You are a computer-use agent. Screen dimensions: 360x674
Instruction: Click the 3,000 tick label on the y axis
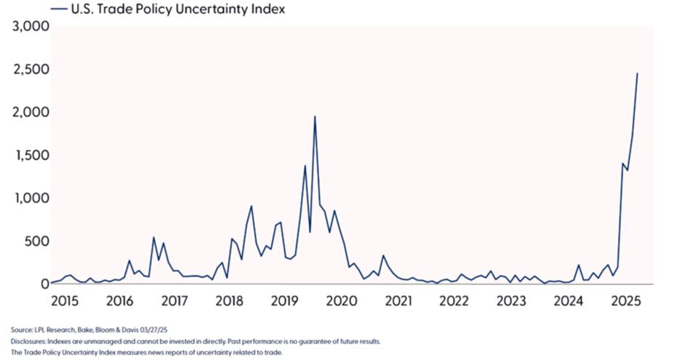(29, 27)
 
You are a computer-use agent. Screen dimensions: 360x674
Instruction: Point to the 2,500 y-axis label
(29, 70)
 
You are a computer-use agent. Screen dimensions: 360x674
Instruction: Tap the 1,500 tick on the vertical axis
(29, 156)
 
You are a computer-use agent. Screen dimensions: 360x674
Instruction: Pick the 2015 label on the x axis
(63, 301)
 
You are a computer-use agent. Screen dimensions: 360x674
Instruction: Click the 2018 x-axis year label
(229, 301)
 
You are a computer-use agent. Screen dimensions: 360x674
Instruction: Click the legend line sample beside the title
(59, 9)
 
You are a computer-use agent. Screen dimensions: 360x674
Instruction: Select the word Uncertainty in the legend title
(213, 9)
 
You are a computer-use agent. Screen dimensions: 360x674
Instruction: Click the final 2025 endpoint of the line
(638, 73)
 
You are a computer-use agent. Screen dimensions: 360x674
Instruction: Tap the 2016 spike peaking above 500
(153, 237)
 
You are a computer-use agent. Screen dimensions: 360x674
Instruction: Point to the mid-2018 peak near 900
(251, 207)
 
